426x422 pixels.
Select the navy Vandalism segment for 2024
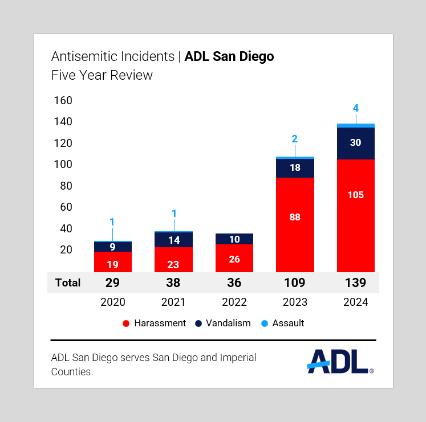[x=356, y=143]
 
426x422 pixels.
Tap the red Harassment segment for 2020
[x=112, y=262]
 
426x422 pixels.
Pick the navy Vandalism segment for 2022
[x=234, y=239]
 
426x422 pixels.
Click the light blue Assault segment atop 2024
[x=356, y=125]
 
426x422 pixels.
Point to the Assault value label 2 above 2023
[x=295, y=139]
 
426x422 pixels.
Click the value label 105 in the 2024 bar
[x=356, y=195]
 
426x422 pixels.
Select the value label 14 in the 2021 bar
[x=173, y=240]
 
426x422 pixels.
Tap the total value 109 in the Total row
[x=295, y=282]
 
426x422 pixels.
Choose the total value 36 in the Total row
[x=234, y=282]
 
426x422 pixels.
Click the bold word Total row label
[x=68, y=282]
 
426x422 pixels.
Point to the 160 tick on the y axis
[x=63, y=101]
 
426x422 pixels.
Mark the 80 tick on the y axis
[x=66, y=186]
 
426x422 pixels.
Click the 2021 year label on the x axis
[x=173, y=302]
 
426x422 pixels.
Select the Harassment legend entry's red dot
[x=126, y=323]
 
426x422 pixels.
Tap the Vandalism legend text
[x=228, y=323]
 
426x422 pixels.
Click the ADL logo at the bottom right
[x=340, y=360]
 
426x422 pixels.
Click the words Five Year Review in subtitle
[x=102, y=75]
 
